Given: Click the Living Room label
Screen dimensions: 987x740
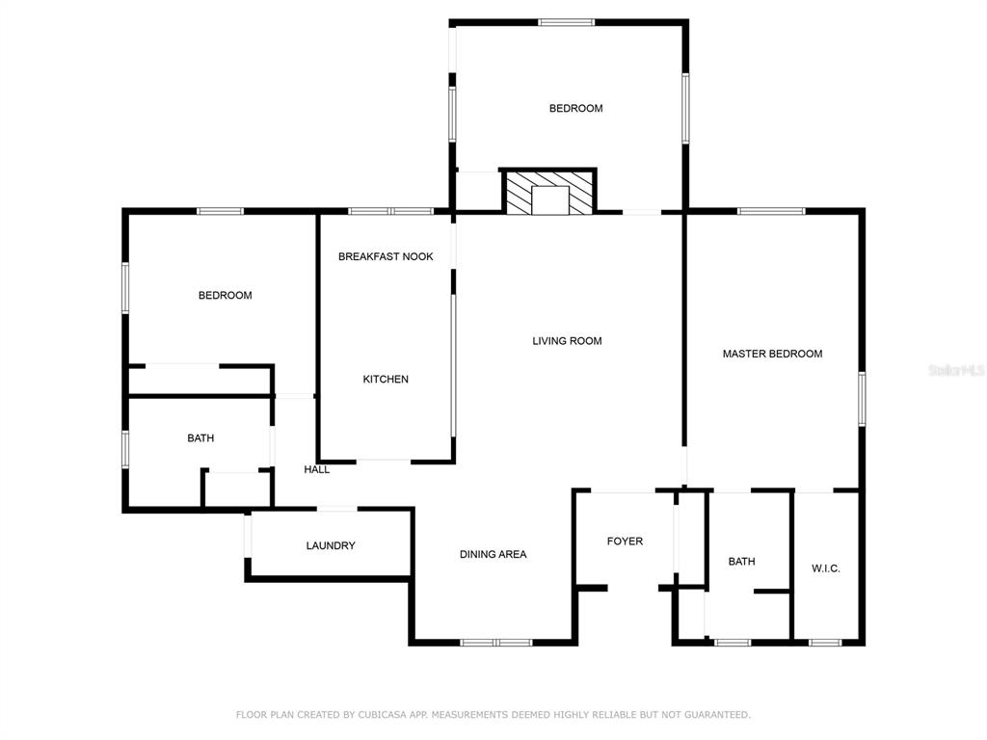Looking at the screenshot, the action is pyautogui.click(x=567, y=341).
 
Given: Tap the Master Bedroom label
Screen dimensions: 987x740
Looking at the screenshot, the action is pyautogui.click(x=772, y=354).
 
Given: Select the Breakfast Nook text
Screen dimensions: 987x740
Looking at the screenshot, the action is pyautogui.click(x=386, y=256).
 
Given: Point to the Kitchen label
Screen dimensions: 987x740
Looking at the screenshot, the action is pyautogui.click(x=386, y=379).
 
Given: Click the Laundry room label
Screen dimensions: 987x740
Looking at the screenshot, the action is pyautogui.click(x=331, y=545).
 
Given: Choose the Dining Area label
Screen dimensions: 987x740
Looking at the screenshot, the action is pyautogui.click(x=493, y=554).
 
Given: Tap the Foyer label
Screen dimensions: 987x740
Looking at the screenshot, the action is pyautogui.click(x=625, y=542).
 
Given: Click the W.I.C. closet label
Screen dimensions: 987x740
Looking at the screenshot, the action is pyautogui.click(x=826, y=568).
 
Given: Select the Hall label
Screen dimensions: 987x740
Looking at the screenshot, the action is pyautogui.click(x=316, y=469).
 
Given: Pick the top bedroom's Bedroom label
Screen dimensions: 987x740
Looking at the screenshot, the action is pyautogui.click(x=576, y=108).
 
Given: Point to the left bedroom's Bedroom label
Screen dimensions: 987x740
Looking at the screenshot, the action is pyautogui.click(x=226, y=295).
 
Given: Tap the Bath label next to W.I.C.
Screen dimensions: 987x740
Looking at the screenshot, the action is pyautogui.click(x=741, y=562).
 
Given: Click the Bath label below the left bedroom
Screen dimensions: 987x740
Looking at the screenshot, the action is pyautogui.click(x=200, y=438).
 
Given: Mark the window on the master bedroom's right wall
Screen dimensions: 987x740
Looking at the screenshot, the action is pyautogui.click(x=862, y=399).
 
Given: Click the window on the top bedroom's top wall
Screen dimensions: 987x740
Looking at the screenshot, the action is pyautogui.click(x=567, y=23).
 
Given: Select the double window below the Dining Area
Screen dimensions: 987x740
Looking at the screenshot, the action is pyautogui.click(x=496, y=643).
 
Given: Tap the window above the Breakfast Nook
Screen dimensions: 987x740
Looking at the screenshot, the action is pyautogui.click(x=391, y=211).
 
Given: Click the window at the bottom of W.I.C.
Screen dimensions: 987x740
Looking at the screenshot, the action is pyautogui.click(x=825, y=643).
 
